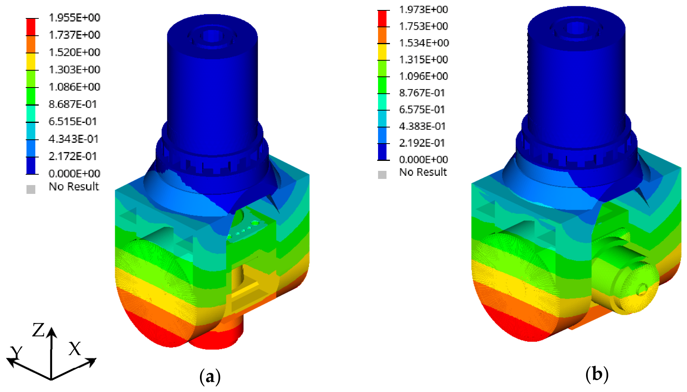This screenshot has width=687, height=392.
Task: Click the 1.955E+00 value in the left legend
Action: point(74,18)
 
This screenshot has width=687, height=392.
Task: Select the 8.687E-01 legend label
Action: point(73,104)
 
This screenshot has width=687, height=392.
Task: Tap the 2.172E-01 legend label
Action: point(73,156)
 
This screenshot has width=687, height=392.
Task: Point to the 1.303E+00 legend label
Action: point(74,69)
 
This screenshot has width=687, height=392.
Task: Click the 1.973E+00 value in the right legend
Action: point(424,10)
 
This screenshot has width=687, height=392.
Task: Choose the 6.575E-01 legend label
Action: point(422,109)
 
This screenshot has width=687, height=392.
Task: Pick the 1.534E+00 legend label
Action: point(424,43)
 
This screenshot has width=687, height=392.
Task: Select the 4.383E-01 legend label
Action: point(423,126)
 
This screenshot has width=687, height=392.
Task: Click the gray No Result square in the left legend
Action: point(31,189)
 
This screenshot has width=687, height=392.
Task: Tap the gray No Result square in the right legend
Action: point(382,175)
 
